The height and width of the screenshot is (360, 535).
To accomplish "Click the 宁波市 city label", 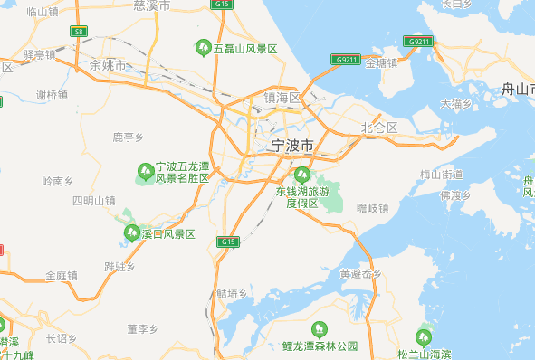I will tap(292, 146).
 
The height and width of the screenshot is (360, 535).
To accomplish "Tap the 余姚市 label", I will tap(108, 65).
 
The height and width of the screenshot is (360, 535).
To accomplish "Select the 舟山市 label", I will tap(518, 89).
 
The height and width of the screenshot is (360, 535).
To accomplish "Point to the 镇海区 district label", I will tap(282, 97).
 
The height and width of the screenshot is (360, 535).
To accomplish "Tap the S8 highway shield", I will tap(80, 32).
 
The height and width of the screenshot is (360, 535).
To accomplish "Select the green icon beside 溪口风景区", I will tap(131, 234).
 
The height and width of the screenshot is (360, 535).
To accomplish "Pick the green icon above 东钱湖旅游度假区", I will tap(302, 174).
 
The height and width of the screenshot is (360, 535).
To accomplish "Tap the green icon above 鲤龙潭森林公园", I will tap(318, 329).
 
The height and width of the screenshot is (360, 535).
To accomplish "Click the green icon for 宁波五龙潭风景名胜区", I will tap(145, 171).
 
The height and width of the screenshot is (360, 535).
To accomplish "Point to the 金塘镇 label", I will tap(381, 63).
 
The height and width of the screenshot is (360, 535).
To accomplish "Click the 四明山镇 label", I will tap(94, 200).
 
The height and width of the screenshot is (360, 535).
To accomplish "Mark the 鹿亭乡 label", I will tap(128, 137).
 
